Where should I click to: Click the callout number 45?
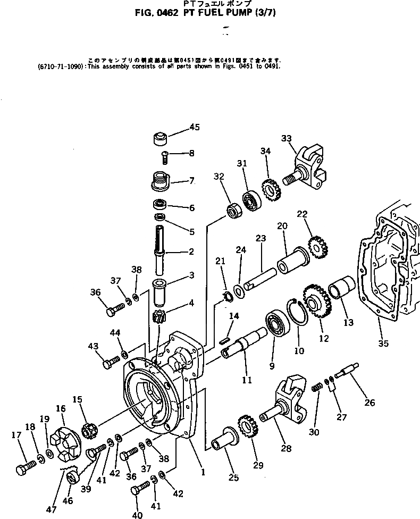pyautogui.click(x=195, y=127)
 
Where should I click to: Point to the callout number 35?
pyautogui.click(x=384, y=344)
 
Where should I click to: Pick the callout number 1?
pyautogui.click(x=203, y=471)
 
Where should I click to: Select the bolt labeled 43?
pyautogui.click(x=111, y=364)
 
